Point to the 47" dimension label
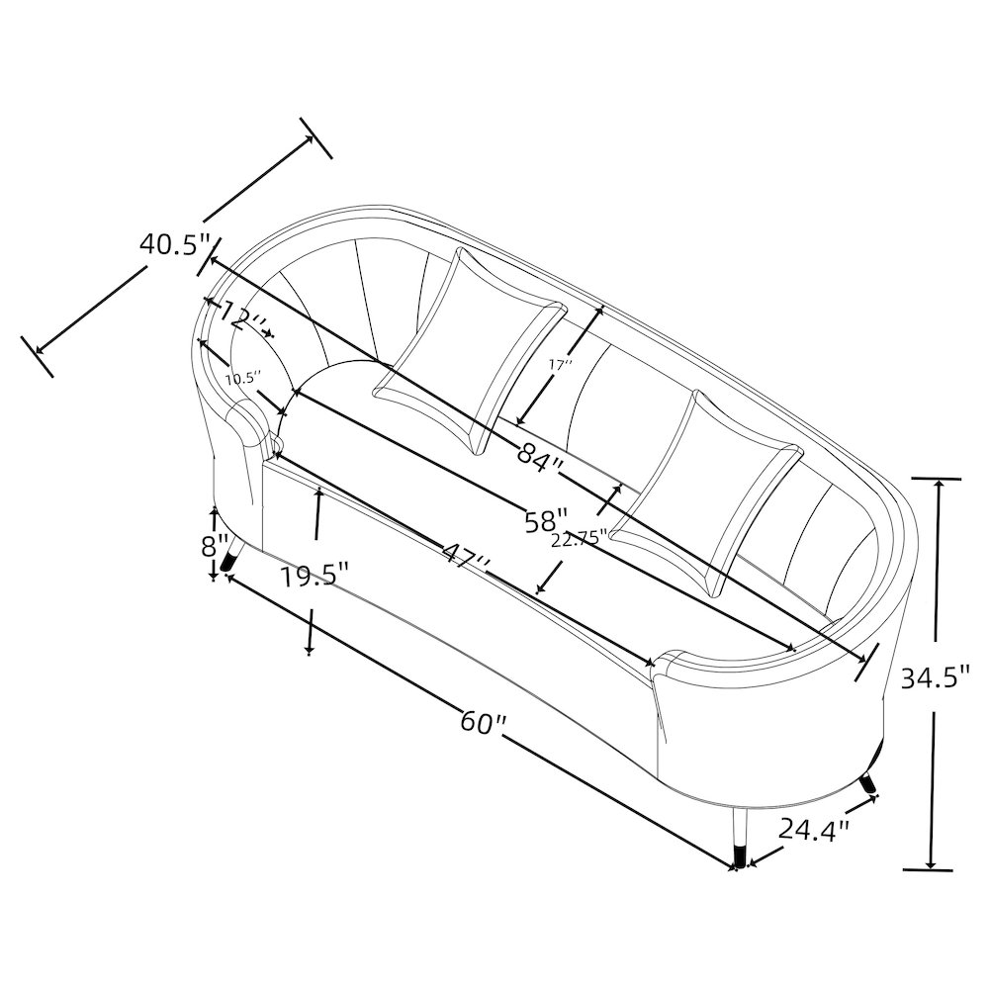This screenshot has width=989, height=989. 466,553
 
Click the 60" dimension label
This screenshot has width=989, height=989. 484,722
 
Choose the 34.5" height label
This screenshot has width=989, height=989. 935,678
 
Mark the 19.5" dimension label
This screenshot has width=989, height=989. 315,576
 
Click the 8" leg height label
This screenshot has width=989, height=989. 215,546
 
